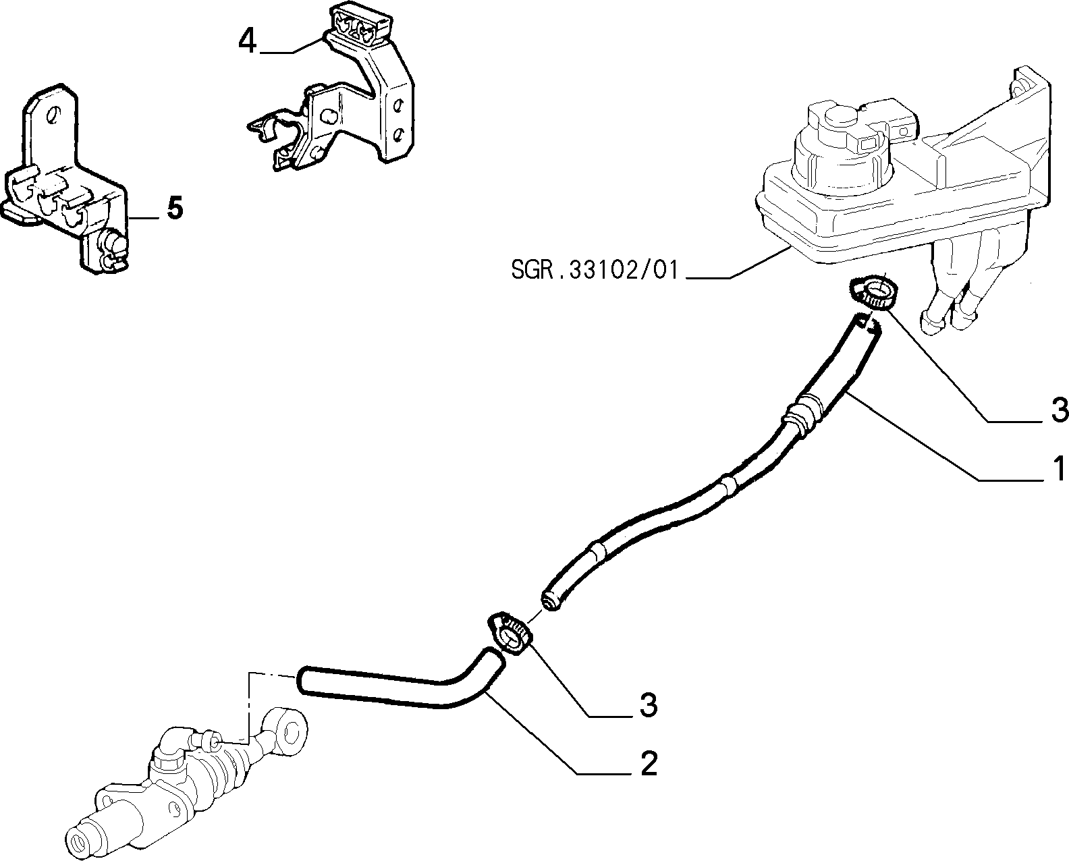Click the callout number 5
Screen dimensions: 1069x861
[175, 208]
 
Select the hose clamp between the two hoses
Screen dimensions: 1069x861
[510, 634]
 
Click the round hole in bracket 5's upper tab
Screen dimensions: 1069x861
[52, 116]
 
